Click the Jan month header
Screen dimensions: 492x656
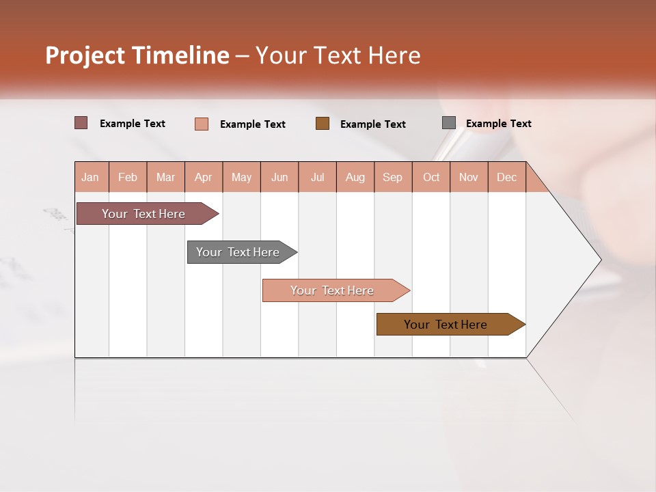pyautogui.click(x=91, y=177)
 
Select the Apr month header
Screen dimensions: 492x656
pyautogui.click(x=203, y=177)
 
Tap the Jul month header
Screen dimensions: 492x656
pyautogui.click(x=317, y=177)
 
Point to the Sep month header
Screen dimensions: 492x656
pyautogui.click(x=392, y=177)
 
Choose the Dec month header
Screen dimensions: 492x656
pyautogui.click(x=506, y=177)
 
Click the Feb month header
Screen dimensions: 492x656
pyautogui.click(x=128, y=177)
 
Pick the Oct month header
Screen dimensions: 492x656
pyautogui.click(x=430, y=177)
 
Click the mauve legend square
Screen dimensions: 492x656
pyautogui.click(x=81, y=123)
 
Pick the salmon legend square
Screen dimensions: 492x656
pyautogui.click(x=202, y=124)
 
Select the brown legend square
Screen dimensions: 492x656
pyautogui.click(x=323, y=124)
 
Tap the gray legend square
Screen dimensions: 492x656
pyautogui.click(x=449, y=123)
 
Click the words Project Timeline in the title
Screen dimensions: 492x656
pyautogui.click(x=137, y=55)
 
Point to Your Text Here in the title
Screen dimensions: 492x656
pyautogui.click(x=338, y=55)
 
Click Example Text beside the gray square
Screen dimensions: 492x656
pyautogui.click(x=498, y=123)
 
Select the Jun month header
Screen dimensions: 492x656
pyautogui.click(x=279, y=177)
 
